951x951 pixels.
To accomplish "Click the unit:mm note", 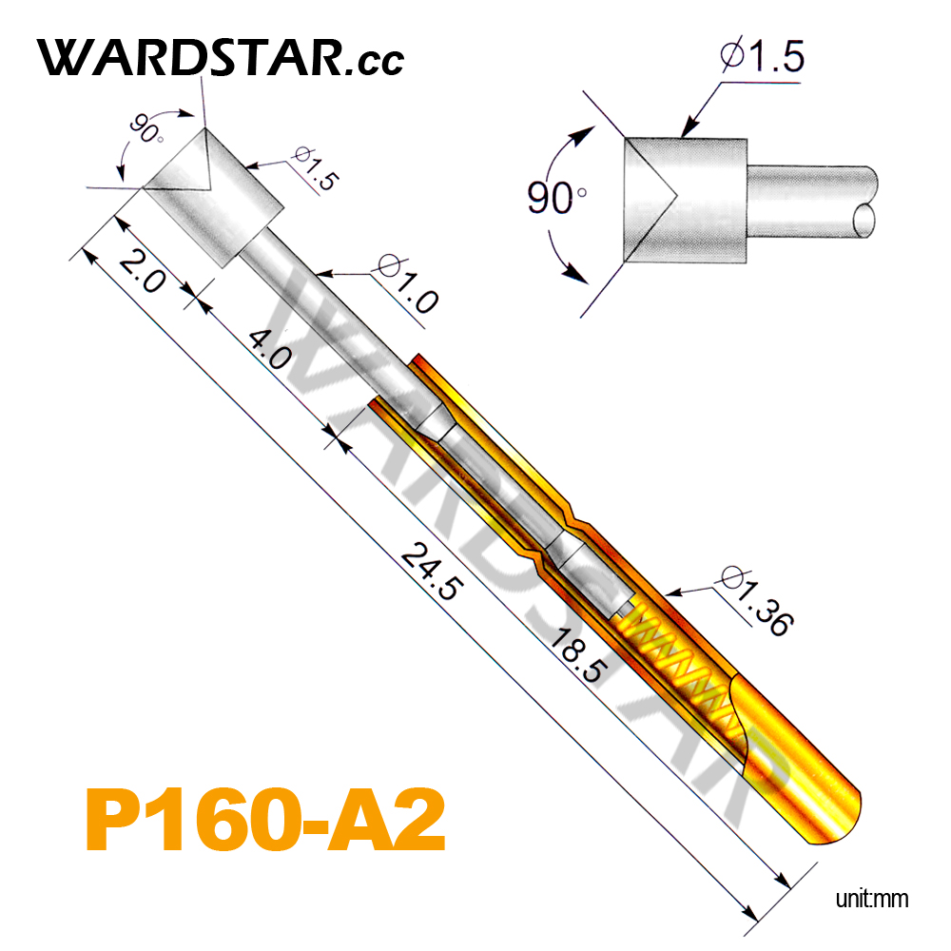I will coord(872,899).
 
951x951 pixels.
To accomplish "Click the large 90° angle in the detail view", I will coord(556,199).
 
